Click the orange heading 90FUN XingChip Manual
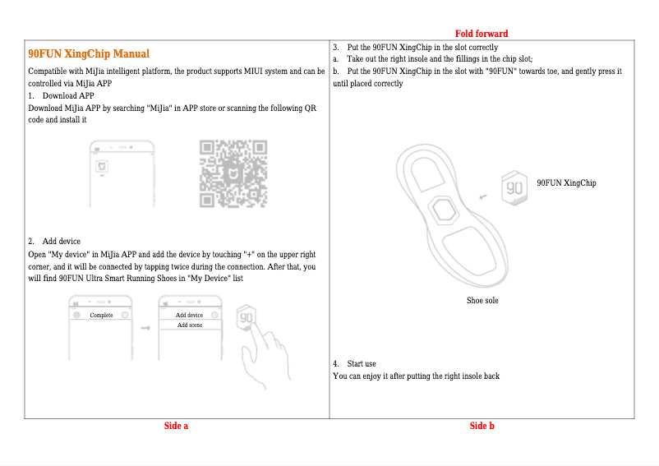[89, 53]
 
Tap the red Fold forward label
[482, 34]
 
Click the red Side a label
[176, 426]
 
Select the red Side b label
[482, 426]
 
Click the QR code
[234, 174]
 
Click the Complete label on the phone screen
[101, 316]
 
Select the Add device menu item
[189, 316]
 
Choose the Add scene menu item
[189, 325]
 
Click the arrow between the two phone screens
[145, 327]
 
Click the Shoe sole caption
[482, 301]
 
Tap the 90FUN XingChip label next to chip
[566, 182]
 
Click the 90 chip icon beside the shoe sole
[514, 187]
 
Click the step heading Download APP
[68, 96]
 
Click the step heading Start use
[362, 363]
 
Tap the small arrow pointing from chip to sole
[483, 196]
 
